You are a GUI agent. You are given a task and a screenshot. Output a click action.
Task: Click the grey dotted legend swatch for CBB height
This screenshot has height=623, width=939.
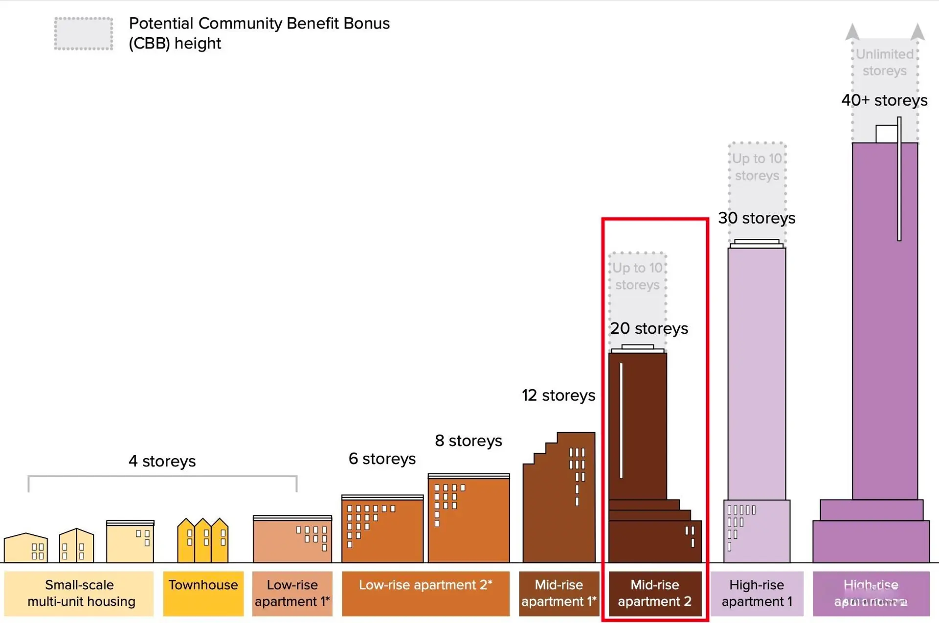coord(84,34)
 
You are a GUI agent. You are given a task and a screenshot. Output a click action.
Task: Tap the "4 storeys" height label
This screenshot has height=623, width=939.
coord(162,461)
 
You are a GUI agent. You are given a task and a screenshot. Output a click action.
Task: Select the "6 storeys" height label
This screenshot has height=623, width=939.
coord(382,459)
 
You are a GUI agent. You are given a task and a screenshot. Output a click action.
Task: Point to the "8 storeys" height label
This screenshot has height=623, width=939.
coord(468,440)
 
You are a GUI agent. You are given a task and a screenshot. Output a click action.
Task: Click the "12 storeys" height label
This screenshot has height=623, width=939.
coord(558,395)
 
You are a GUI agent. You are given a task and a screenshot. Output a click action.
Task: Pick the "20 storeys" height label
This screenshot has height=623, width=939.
coord(648,328)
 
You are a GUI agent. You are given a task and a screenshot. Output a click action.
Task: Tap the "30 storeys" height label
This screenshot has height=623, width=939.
coord(756,218)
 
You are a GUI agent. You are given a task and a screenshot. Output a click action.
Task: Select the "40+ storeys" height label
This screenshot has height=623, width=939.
coord(884,100)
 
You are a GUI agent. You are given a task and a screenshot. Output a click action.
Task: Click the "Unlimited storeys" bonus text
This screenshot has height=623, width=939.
coord(884,62)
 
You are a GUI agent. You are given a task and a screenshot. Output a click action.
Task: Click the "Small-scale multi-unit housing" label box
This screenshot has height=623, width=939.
coord(79,593)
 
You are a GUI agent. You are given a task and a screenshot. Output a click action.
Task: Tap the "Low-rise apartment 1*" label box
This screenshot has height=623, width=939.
coord(292,593)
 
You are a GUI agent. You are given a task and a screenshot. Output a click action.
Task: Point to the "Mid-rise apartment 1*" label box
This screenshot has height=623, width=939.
coord(559,593)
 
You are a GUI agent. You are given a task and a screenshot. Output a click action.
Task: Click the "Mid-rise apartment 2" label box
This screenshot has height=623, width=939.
coord(654,593)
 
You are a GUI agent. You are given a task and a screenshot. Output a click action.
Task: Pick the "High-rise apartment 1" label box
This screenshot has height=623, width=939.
coord(756,593)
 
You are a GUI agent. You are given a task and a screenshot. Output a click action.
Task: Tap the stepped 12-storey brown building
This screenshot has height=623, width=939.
coord(559,504)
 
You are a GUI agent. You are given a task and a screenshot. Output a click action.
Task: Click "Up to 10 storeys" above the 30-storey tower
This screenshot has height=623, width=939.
coord(757,167)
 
